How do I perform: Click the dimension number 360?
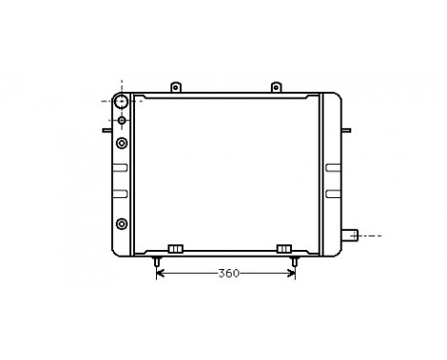coord(227,274)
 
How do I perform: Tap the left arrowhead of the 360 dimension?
coord(161,274)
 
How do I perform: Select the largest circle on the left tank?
coord(122,101)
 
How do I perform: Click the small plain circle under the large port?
coord(122,121)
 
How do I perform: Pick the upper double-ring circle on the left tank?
coord(122,144)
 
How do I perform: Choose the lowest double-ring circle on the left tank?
coord(122,224)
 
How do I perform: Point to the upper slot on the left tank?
coord(120,168)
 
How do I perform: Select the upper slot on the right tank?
coord(331,168)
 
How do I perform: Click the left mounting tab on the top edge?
coord(175,87)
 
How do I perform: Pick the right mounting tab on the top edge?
coord(277,87)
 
